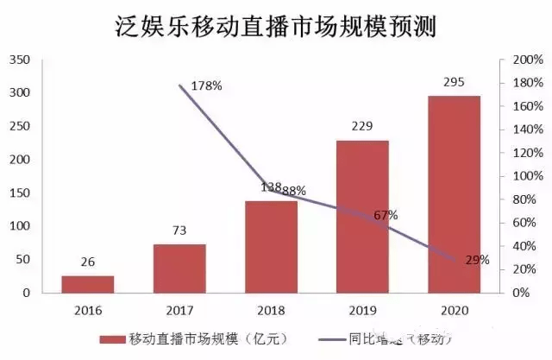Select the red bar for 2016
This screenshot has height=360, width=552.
click(x=88, y=284)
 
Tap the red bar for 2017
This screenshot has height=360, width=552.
click(x=179, y=268)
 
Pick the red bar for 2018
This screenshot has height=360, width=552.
click(x=271, y=247)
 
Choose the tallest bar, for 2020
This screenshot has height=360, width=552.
click(x=454, y=194)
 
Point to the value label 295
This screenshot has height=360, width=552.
click(x=454, y=82)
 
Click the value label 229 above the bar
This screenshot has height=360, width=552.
click(x=362, y=126)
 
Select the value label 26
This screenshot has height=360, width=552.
click(x=88, y=262)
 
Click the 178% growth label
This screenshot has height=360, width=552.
click(x=206, y=85)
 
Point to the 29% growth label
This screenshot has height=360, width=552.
click(x=476, y=259)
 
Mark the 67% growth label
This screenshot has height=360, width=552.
click(x=385, y=215)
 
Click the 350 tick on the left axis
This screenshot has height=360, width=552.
click(x=19, y=60)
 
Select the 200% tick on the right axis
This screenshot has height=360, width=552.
click(x=527, y=60)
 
